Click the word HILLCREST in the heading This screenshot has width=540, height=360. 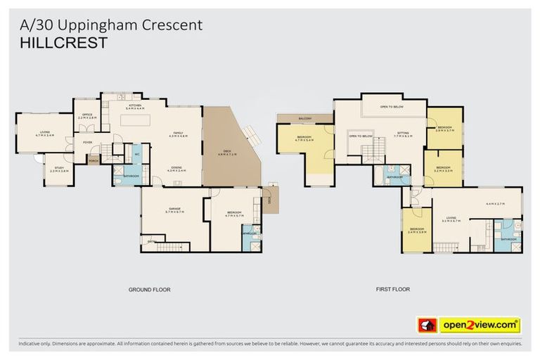63,44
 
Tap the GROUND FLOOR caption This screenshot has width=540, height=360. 149,289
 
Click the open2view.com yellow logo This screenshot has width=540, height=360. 480,325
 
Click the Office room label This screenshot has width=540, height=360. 87,116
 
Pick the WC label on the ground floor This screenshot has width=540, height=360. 136,154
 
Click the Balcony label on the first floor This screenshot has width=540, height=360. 304,118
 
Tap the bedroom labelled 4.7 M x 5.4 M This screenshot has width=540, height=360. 304,139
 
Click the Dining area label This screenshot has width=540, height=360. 176,168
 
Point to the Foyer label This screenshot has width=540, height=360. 88,142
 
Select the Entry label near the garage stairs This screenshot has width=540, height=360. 150,241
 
